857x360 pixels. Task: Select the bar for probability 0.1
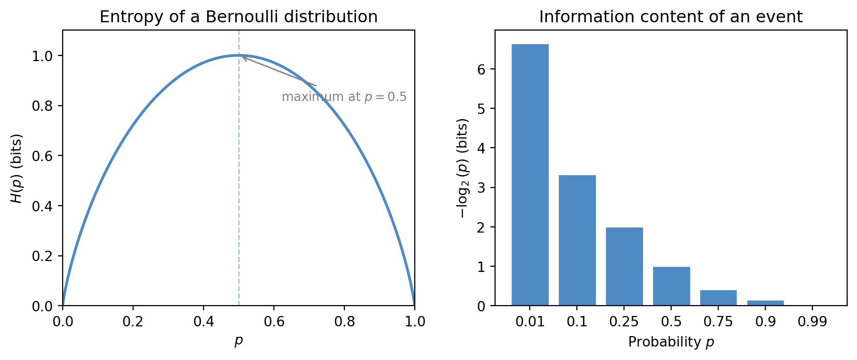[577, 240]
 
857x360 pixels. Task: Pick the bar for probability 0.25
[624, 266]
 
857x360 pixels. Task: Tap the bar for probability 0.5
[671, 286]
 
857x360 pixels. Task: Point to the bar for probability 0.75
[718, 298]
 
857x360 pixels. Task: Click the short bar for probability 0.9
[765, 303]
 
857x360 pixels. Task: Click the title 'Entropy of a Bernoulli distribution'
[238, 17]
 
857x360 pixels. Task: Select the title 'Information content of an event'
[671, 17]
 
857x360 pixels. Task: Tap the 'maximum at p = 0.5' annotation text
[344, 97]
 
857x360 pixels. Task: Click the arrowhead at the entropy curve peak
[243, 57]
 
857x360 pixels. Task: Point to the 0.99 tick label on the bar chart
[812, 322]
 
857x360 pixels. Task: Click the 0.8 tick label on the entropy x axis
[344, 322]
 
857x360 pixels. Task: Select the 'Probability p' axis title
[671, 342]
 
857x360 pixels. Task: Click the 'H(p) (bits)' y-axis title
[17, 168]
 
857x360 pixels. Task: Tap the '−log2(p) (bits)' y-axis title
[462, 168]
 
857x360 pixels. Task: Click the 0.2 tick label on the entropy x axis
[133, 322]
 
